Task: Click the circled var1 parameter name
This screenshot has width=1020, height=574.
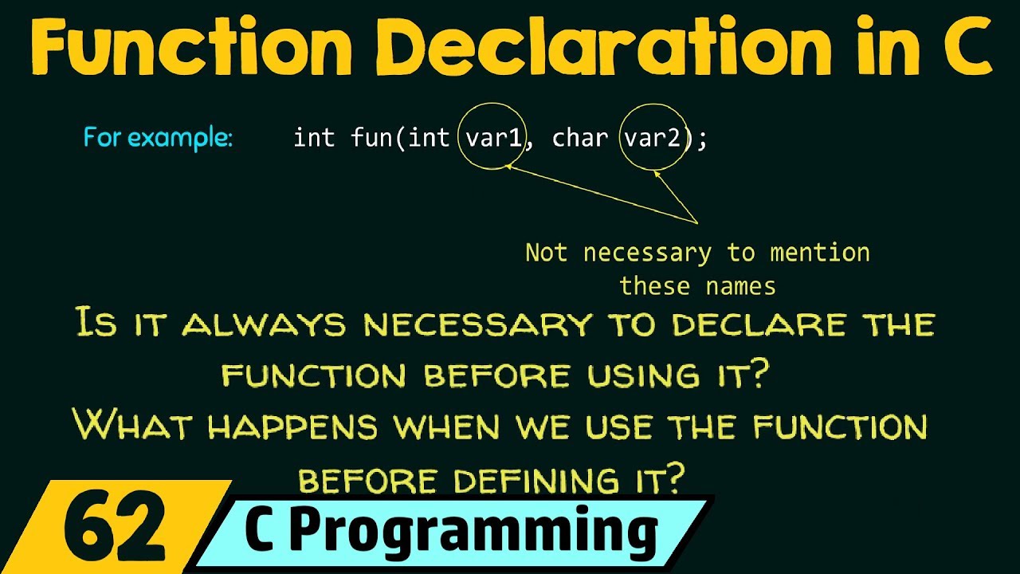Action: point(493,138)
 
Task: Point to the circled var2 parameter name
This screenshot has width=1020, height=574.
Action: point(652,138)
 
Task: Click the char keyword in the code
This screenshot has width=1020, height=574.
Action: point(579,138)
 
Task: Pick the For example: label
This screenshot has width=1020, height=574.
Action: point(158,138)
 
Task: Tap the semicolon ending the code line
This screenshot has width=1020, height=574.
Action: point(701,139)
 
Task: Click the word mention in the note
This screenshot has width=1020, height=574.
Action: point(819,254)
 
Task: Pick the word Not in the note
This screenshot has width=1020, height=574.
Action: point(546,254)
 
